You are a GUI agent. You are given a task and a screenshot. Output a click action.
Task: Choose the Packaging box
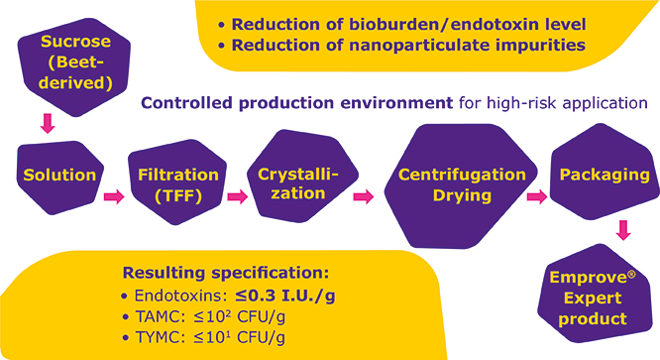pos(598,176)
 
